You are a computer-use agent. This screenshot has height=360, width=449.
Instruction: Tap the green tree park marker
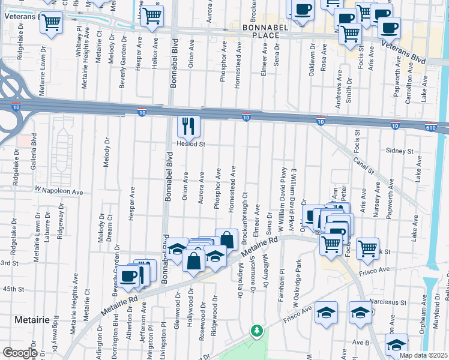(257, 331)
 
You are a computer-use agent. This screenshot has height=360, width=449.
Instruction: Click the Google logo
(20, 353)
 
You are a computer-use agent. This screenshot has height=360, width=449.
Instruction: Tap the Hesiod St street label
(191, 144)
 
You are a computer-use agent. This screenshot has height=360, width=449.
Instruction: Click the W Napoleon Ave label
(58, 191)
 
